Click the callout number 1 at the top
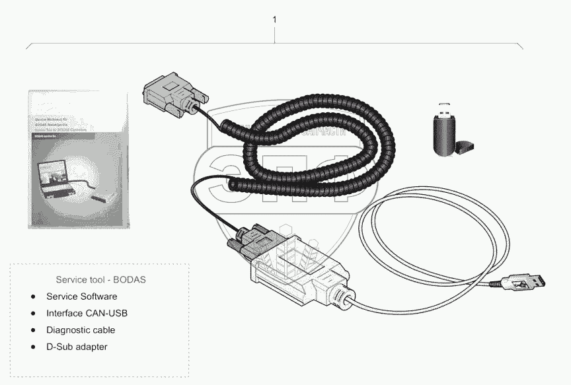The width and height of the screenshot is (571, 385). [x=274, y=20]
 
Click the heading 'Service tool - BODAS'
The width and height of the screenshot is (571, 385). [x=101, y=279]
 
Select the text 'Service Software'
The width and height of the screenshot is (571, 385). [x=81, y=296]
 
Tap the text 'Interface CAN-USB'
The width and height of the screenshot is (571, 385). [x=87, y=313]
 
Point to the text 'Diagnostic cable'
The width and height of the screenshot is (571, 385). [x=80, y=330]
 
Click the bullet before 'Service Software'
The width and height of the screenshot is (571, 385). [x=33, y=296]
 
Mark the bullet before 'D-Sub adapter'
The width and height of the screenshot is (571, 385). [x=33, y=346]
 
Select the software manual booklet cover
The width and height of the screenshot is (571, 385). [x=77, y=159]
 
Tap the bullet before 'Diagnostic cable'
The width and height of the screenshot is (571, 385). [x=33, y=330]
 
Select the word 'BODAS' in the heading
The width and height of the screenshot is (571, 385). [x=131, y=279]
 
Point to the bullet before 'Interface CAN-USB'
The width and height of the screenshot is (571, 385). [x=33, y=313]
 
